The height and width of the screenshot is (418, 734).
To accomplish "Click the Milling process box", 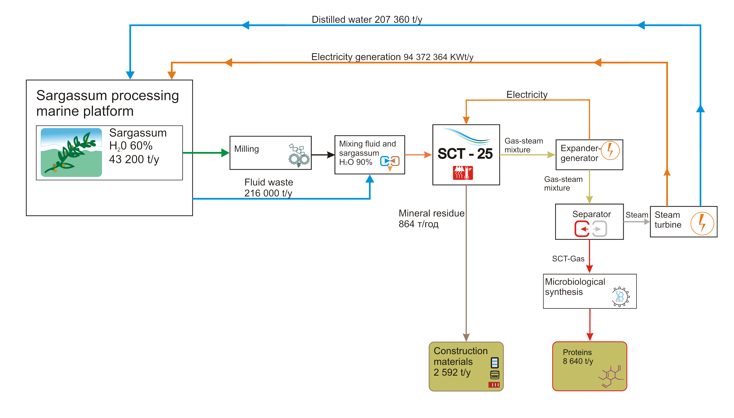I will tap(270, 153).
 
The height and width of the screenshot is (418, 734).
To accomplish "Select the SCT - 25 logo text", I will tap(465, 154).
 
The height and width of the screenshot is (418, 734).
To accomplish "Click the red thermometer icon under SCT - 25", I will tap(463, 173).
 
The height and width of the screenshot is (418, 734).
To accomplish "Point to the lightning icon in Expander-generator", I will tap(610, 151).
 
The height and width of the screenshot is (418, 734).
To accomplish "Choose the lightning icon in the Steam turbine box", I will tap(702, 224).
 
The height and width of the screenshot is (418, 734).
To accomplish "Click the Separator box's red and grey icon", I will tap(590, 229).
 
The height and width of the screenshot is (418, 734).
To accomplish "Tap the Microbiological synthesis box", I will tap(589, 291).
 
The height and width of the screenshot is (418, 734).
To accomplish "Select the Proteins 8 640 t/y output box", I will tap(589, 366).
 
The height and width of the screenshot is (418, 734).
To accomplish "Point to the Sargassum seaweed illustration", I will tap(71, 152).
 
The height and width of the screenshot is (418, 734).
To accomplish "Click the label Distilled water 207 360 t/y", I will tap(367, 20).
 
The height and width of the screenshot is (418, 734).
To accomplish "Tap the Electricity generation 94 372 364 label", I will tap(392, 57).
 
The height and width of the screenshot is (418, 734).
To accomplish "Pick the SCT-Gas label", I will tap(568, 259).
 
